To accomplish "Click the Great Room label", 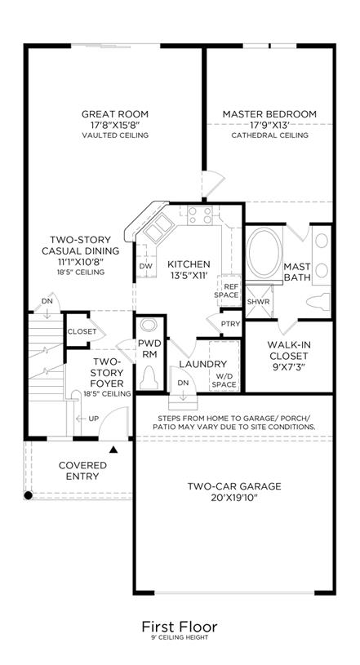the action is coord(115,114).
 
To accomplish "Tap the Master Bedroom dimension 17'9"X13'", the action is coord(269,125).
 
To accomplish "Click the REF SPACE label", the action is coord(226,290).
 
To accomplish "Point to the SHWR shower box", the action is coord(259,302).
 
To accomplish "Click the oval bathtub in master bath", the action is coord(264,253).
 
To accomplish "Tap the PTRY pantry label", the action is coord(231,324).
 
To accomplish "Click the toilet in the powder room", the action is coord(149,378).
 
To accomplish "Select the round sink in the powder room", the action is coord(148,326).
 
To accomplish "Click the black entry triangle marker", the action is coord(113,450).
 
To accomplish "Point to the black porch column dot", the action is coord(28,495).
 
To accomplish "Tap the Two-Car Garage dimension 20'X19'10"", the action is coord(234,497).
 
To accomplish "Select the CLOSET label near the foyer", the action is coord(82,331).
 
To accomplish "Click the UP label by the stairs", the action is coord(93,419).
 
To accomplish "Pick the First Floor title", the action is coord(180,627).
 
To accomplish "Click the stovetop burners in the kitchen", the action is coord(200,215).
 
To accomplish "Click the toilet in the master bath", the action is coord(318,302).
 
